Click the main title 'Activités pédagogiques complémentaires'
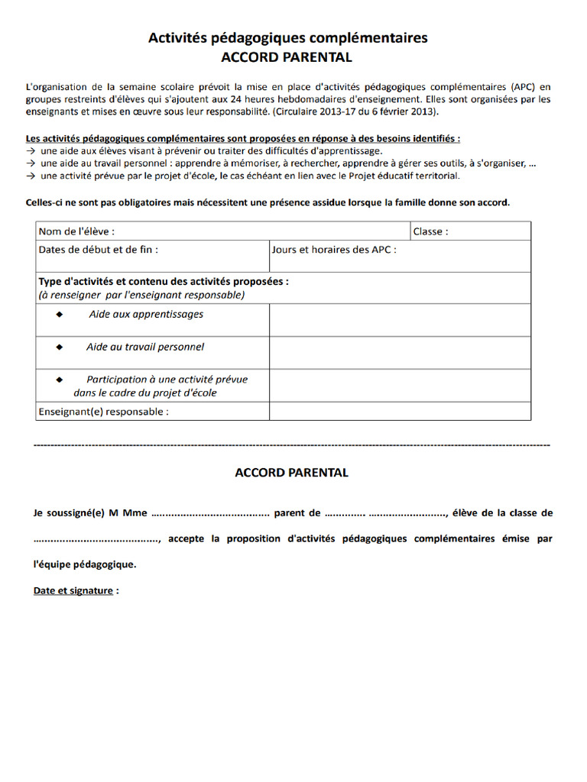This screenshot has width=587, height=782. (287, 38)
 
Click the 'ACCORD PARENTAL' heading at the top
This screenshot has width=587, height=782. (287, 57)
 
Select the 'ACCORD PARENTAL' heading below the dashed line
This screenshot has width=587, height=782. (291, 473)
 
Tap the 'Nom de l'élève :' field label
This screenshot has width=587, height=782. (77, 231)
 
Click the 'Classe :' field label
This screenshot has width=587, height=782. (431, 231)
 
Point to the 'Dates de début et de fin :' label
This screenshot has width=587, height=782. (99, 249)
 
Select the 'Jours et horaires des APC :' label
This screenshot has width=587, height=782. (334, 249)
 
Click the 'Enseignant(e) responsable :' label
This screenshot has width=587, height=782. (103, 412)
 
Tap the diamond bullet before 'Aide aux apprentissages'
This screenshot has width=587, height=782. (60, 315)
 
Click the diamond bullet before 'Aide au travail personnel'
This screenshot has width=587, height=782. (60, 347)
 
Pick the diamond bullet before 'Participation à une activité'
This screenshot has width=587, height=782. (60, 380)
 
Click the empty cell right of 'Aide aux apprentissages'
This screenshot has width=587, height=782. (400, 320)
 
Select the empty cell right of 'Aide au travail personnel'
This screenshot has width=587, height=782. (400, 353)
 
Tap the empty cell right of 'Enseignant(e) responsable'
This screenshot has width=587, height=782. (400, 412)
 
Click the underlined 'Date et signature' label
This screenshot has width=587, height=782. (73, 591)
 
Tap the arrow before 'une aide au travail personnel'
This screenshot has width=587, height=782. (31, 163)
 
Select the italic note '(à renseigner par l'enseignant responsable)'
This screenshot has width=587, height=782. (141, 295)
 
